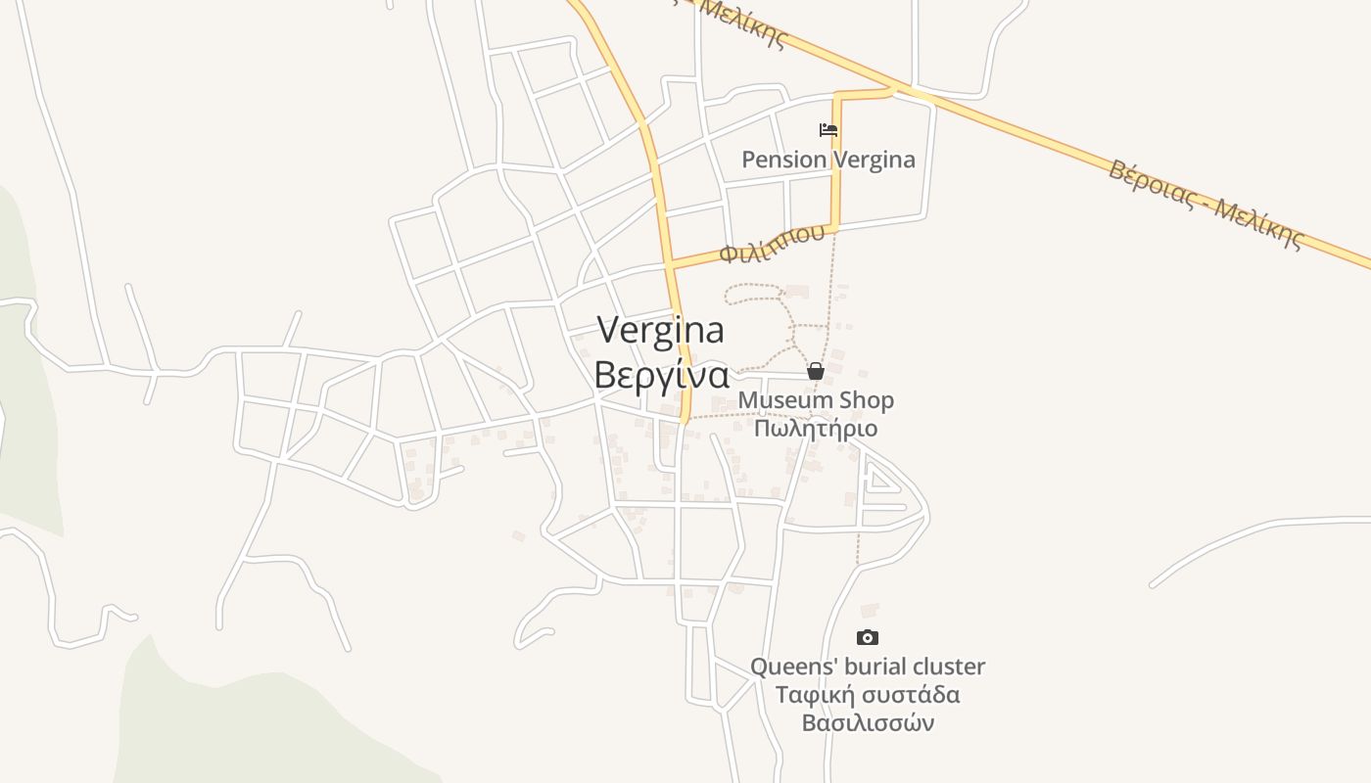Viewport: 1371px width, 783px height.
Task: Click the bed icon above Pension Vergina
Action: (828, 129)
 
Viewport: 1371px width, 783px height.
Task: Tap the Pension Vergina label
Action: (828, 160)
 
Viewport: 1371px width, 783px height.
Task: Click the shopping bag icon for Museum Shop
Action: (815, 371)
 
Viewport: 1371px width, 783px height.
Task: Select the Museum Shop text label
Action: (816, 400)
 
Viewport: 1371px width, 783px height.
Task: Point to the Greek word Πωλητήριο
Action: (816, 429)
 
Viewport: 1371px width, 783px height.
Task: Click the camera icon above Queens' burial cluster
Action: (868, 638)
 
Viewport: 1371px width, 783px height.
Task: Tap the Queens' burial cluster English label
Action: (868, 667)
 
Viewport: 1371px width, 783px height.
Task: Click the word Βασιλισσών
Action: (868, 723)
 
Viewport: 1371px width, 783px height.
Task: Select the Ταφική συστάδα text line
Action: (868, 695)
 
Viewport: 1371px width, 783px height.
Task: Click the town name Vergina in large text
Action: (661, 331)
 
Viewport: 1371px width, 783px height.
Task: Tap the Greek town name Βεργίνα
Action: (662, 376)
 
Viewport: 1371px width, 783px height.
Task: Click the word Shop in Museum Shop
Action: (866, 400)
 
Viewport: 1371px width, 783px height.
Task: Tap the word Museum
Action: (784, 400)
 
